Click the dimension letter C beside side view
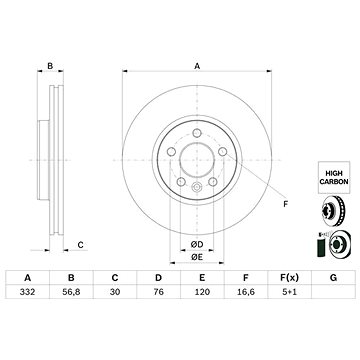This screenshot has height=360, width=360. tap(80, 244)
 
